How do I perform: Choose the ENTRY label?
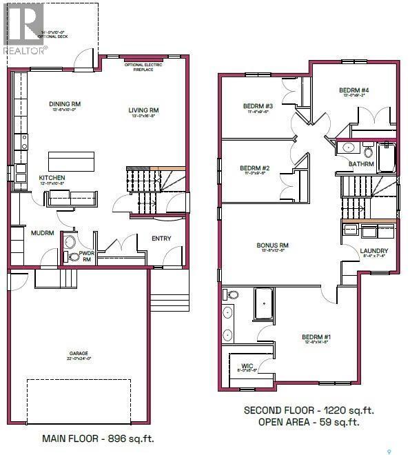coord(161,239)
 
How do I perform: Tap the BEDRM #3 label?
coord(258,106)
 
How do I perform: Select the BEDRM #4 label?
coord(354,90)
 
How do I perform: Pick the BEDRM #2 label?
coord(254,168)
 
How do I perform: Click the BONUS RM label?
coord(272,245)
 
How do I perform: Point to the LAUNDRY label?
coord(374,251)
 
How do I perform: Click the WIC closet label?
coord(247,366)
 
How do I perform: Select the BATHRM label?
coord(361,164)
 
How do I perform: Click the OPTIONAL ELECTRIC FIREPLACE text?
coord(143,66)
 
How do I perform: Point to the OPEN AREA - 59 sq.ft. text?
coord(308,422)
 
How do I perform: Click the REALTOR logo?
coord(23,28)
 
